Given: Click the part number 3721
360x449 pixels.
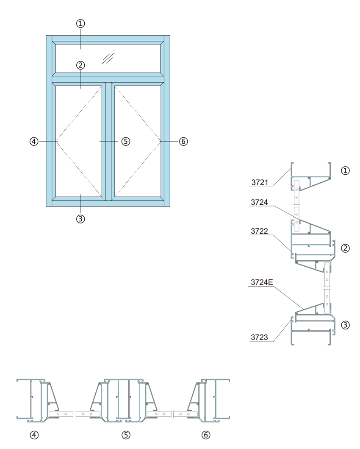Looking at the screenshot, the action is [x=260, y=182].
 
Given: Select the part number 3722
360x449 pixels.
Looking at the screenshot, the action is [x=259, y=231].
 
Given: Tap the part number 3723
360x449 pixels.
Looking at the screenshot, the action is [x=259, y=337].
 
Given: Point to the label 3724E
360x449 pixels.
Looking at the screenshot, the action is [x=262, y=282].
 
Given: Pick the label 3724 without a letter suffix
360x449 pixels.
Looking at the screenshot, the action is [x=259, y=202].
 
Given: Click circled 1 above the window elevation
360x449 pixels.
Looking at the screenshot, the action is [x=80, y=23].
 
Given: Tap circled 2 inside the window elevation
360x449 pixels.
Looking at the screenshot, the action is [x=80, y=65].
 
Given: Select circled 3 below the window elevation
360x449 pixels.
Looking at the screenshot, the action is [x=80, y=219].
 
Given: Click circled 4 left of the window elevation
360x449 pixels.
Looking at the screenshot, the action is [x=34, y=142].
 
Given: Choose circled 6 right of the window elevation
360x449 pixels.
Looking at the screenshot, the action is [x=183, y=142].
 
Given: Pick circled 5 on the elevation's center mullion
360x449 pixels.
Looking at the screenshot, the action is [x=125, y=142].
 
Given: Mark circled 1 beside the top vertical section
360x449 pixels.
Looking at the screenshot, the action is [x=346, y=171].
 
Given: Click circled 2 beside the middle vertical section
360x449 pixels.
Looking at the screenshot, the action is [x=346, y=248].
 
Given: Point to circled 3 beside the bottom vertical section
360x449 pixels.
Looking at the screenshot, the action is [x=346, y=325].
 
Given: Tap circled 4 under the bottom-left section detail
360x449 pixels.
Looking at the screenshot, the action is [x=34, y=435].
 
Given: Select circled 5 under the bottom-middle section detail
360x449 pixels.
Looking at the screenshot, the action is [x=126, y=435].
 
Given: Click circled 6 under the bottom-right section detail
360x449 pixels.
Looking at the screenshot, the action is [x=206, y=435].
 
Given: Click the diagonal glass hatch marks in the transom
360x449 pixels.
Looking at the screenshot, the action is [x=108, y=59].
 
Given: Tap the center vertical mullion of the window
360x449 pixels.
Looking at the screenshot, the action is [x=108, y=142].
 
